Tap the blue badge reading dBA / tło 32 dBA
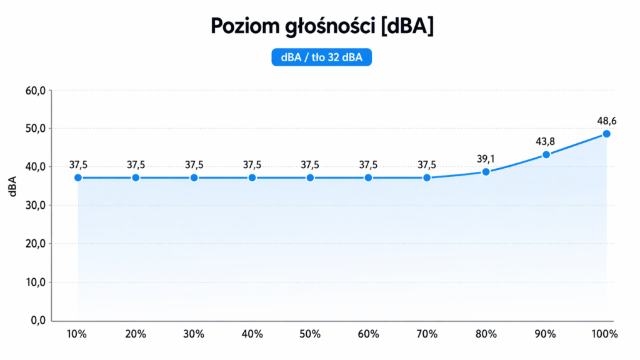pos(322,57)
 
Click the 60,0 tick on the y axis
pos(36,91)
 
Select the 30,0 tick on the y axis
pos(36,206)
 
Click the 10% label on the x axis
pos(77,334)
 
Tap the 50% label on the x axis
pos(310,334)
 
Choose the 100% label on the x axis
pos(604,334)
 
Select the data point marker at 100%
pos(606,134)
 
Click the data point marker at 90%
pos(546,154)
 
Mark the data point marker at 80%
pos(486,171)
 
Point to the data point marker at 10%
pos(78,177)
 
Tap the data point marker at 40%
pos(252,177)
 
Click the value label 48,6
pos(606,119)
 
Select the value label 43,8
pos(545,141)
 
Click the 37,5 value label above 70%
pos(427,165)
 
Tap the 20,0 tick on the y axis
pos(36,244)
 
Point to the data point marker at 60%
pos(369,177)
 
